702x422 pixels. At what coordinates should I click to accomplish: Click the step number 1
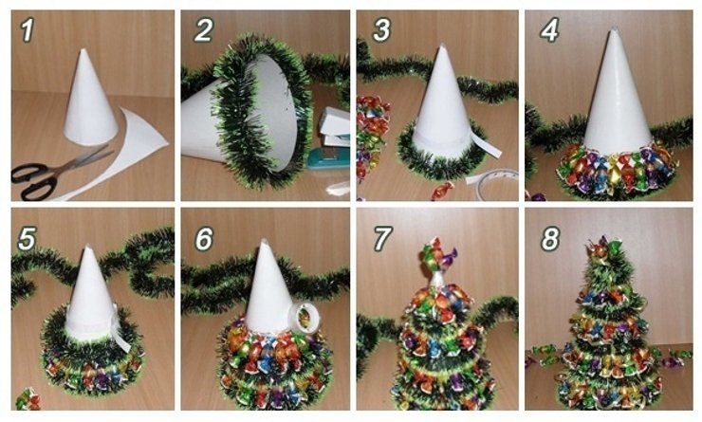pyautogui.click(x=27, y=30)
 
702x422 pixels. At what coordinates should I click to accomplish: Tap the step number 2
pyautogui.click(x=203, y=30)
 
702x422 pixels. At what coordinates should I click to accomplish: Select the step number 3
pyautogui.click(x=381, y=30)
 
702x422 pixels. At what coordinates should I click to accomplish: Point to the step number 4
pyautogui.click(x=549, y=30)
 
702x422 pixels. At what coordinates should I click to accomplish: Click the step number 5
pyautogui.click(x=27, y=239)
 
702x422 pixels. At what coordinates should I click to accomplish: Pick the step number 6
pyautogui.click(x=204, y=239)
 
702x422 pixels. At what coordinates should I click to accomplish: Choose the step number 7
pyautogui.click(x=381, y=239)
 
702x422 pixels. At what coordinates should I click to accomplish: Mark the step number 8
pyautogui.click(x=550, y=239)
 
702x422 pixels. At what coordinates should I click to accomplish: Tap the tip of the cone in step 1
pyautogui.click(x=83, y=49)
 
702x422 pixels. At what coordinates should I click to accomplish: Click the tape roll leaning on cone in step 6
pyautogui.click(x=305, y=316)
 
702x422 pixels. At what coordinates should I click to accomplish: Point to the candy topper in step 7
pyautogui.click(x=436, y=255)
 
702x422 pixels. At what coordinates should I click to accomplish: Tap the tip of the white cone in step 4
pyautogui.click(x=613, y=29)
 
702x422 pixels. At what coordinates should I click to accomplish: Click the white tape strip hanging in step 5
pyautogui.click(x=120, y=330)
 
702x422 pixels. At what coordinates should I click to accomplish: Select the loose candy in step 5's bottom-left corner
pyautogui.click(x=28, y=399)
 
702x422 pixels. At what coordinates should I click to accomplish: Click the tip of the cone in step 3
pyautogui.click(x=442, y=46)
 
